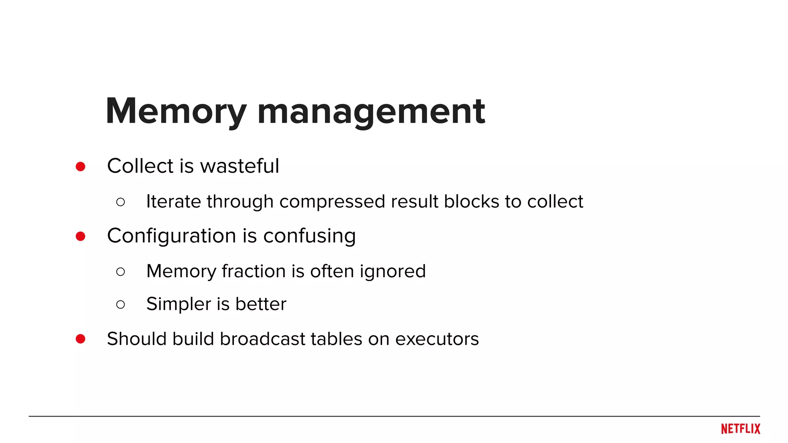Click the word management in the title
[371, 112]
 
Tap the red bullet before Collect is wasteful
[80, 167]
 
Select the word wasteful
[239, 166]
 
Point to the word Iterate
[174, 202]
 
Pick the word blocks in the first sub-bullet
[471, 202]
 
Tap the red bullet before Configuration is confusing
[80, 236]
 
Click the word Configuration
[172, 236]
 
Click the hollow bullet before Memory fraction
[120, 272]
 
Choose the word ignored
[393, 272]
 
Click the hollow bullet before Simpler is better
[120, 305]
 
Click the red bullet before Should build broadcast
[80, 339]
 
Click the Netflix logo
[740, 429]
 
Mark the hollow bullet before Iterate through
[120, 202]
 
